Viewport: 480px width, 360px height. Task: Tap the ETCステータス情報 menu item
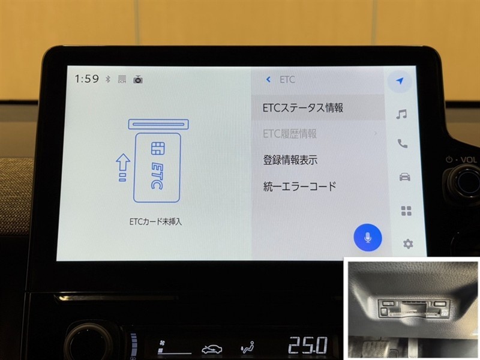pos(303,108)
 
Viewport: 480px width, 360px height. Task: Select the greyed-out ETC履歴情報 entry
pos(290,134)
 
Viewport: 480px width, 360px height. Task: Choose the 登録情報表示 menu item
pos(290,160)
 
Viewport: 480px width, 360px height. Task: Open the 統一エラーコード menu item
pos(299,186)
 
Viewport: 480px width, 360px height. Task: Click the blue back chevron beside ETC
pos(268,80)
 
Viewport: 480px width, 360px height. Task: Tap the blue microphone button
pos(368,238)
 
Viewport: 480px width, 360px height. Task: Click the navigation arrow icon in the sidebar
pos(400,81)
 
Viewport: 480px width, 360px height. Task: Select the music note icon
pos(401,114)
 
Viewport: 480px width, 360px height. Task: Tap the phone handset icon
pos(403,143)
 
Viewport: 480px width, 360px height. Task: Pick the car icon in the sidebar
pos(404,177)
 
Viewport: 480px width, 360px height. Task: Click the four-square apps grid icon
pos(406,211)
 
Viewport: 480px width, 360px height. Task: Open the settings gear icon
pos(408,244)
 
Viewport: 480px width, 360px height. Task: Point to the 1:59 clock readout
pos(87,79)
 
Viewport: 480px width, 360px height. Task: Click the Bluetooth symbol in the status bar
pos(108,79)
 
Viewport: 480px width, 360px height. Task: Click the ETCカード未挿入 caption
pos(155,221)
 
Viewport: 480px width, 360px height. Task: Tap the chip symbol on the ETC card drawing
pos(158,148)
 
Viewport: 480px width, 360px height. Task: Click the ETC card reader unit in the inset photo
pos(414,309)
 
